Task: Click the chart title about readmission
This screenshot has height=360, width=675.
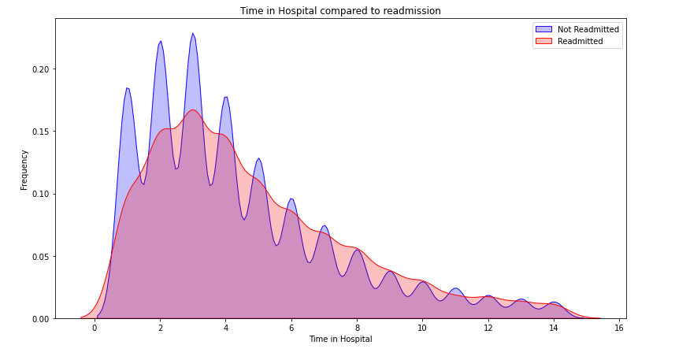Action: point(340,11)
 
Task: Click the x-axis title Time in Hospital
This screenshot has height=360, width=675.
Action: point(340,339)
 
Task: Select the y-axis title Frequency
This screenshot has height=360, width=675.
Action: point(24,169)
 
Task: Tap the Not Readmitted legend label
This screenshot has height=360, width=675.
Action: point(588,29)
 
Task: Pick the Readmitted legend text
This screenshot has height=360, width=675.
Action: point(580,41)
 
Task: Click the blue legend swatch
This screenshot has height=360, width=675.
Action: point(543,29)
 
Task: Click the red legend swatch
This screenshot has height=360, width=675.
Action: point(543,41)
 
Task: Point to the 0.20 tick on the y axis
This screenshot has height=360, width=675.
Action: point(40,69)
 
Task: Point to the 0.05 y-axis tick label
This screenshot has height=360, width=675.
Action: point(40,257)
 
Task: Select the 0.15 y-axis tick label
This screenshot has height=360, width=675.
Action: point(40,132)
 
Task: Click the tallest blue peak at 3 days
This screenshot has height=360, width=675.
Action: point(192,34)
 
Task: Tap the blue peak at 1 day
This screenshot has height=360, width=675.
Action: point(128,88)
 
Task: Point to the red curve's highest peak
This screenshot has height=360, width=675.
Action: point(193,110)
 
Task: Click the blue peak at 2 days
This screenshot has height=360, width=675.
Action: point(161,42)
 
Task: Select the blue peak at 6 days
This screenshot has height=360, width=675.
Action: point(291,199)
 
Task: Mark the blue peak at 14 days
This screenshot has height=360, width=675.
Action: point(554,302)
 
